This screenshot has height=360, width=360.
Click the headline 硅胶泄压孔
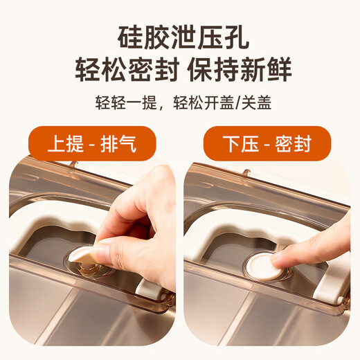[183, 37]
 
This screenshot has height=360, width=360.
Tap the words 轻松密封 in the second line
[127, 69]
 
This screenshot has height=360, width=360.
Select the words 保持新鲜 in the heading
[240, 69]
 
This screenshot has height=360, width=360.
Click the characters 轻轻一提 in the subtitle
[126, 102]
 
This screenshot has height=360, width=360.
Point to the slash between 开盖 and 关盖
[237, 102]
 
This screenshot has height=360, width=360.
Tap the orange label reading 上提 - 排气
[92, 143]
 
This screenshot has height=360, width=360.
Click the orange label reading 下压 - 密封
[267, 143]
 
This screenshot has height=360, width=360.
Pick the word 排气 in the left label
[118, 143]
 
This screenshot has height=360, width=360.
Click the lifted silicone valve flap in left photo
[81, 254]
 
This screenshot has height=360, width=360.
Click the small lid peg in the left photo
[73, 164]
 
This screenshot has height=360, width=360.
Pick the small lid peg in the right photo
[246, 172]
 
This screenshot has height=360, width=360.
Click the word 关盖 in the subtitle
[256, 102]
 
